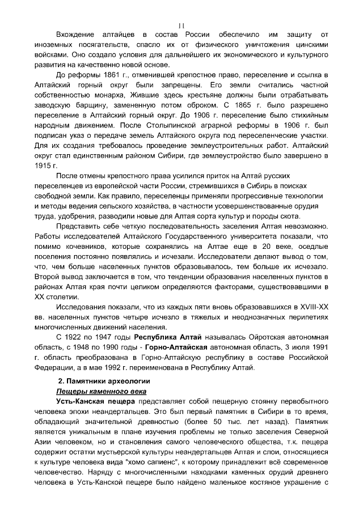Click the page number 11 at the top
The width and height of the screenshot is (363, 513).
[x=181, y=26]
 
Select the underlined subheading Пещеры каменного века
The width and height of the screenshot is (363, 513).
[x=100, y=391]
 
